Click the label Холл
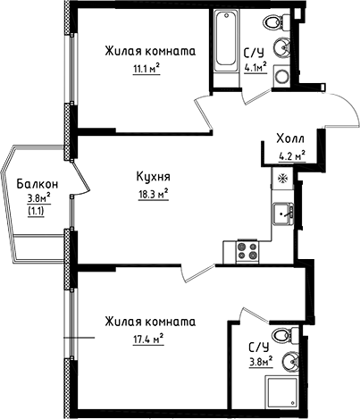point(291,140)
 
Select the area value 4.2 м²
point(291,155)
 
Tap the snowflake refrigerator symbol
point(284,177)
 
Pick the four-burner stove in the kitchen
point(246,252)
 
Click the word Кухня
point(153,177)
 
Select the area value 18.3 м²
point(153,192)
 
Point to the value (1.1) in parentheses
point(37,212)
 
